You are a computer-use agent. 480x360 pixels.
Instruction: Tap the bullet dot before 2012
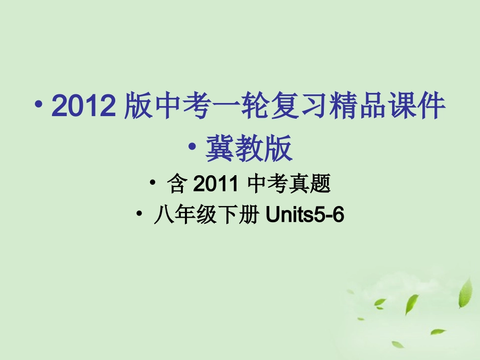(39, 104)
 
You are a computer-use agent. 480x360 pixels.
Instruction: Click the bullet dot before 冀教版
(193, 146)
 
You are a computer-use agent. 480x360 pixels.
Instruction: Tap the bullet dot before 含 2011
(153, 183)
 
